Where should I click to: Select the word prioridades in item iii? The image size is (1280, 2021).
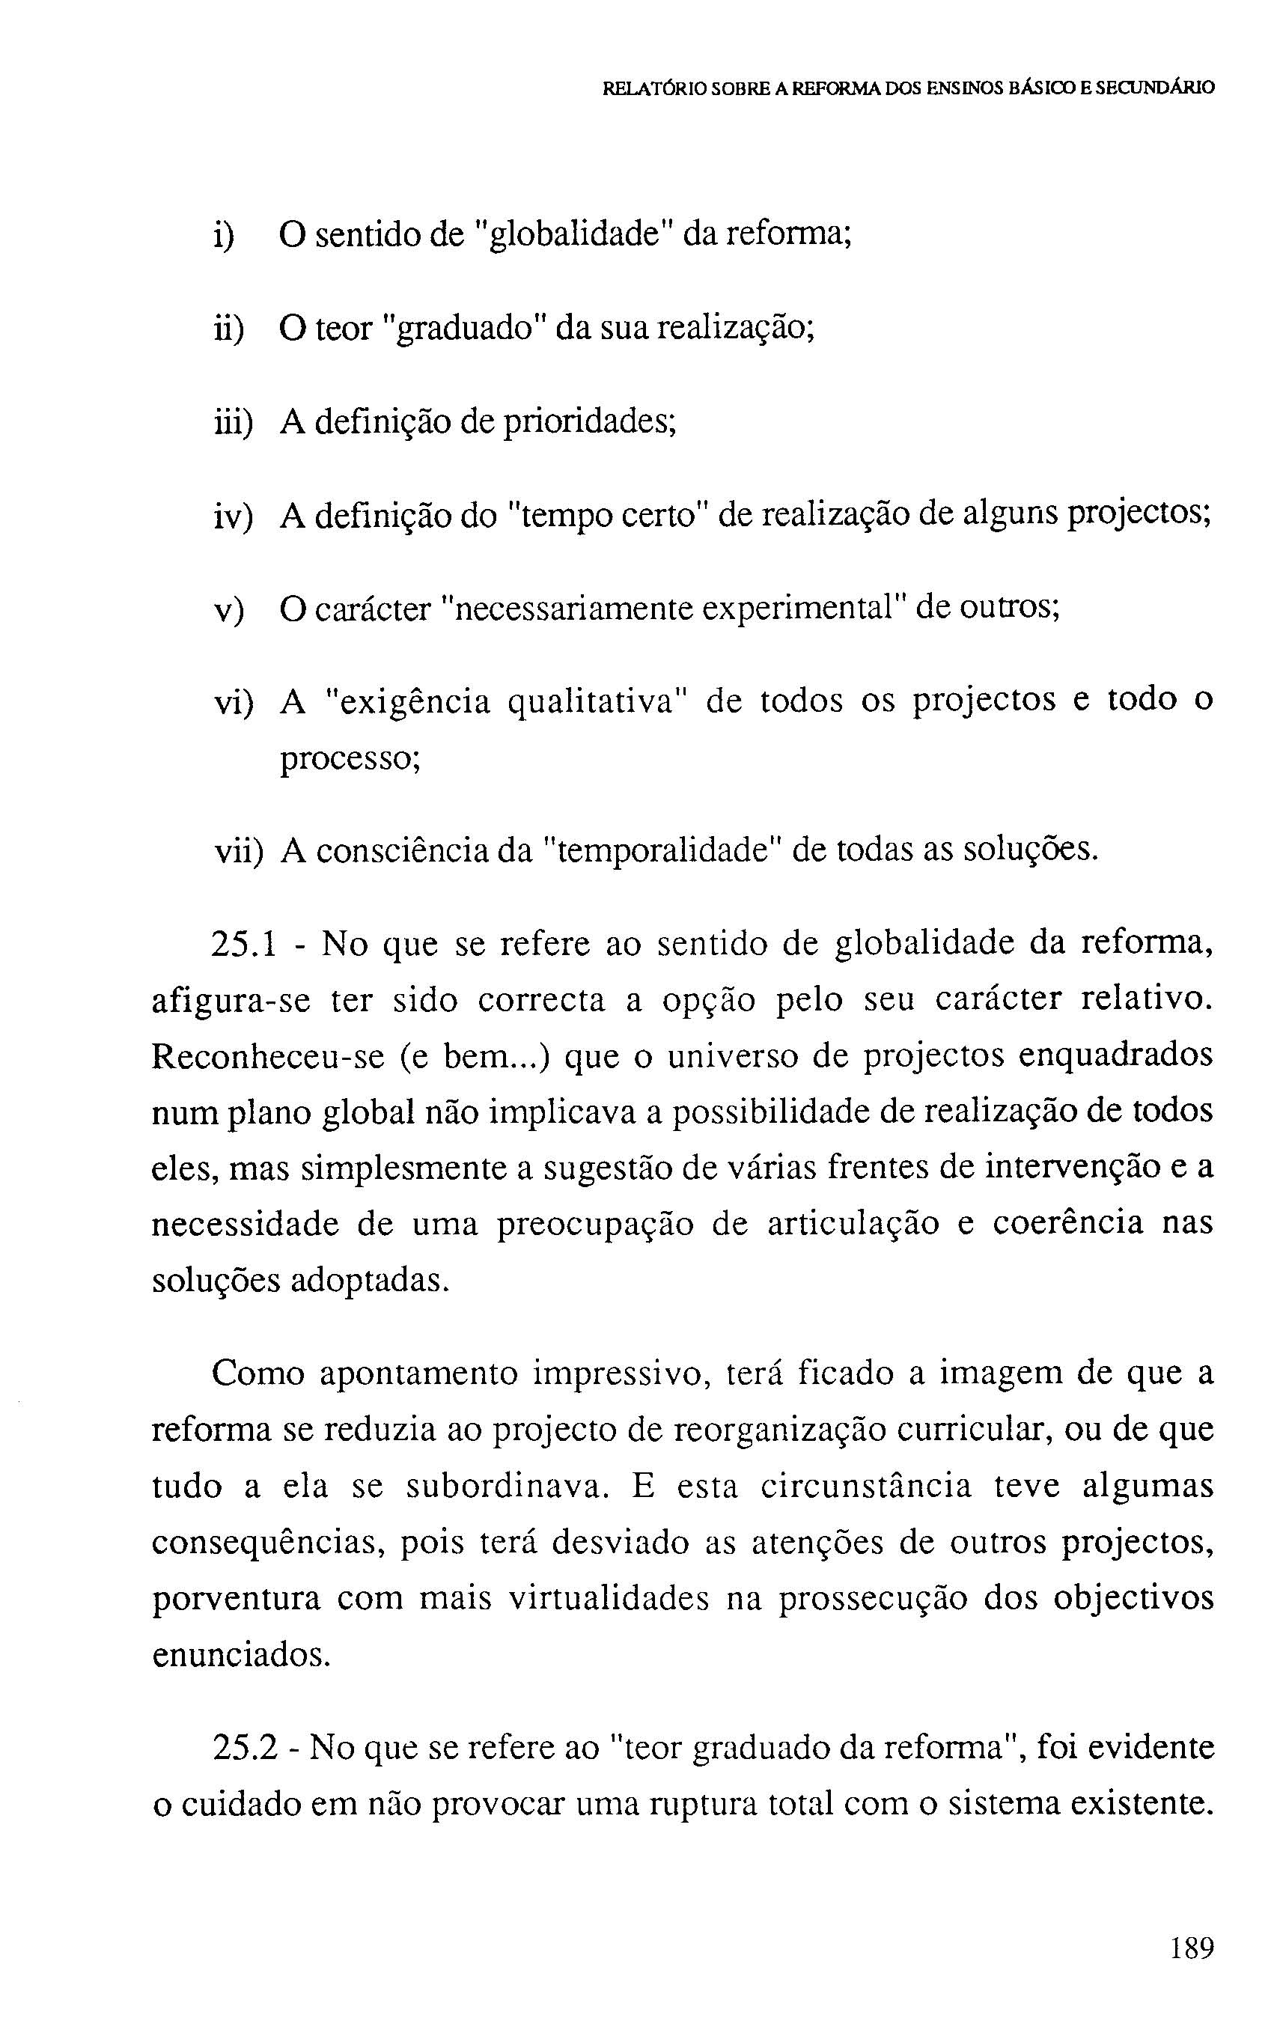coord(588,422)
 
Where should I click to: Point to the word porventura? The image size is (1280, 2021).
coord(236,1599)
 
